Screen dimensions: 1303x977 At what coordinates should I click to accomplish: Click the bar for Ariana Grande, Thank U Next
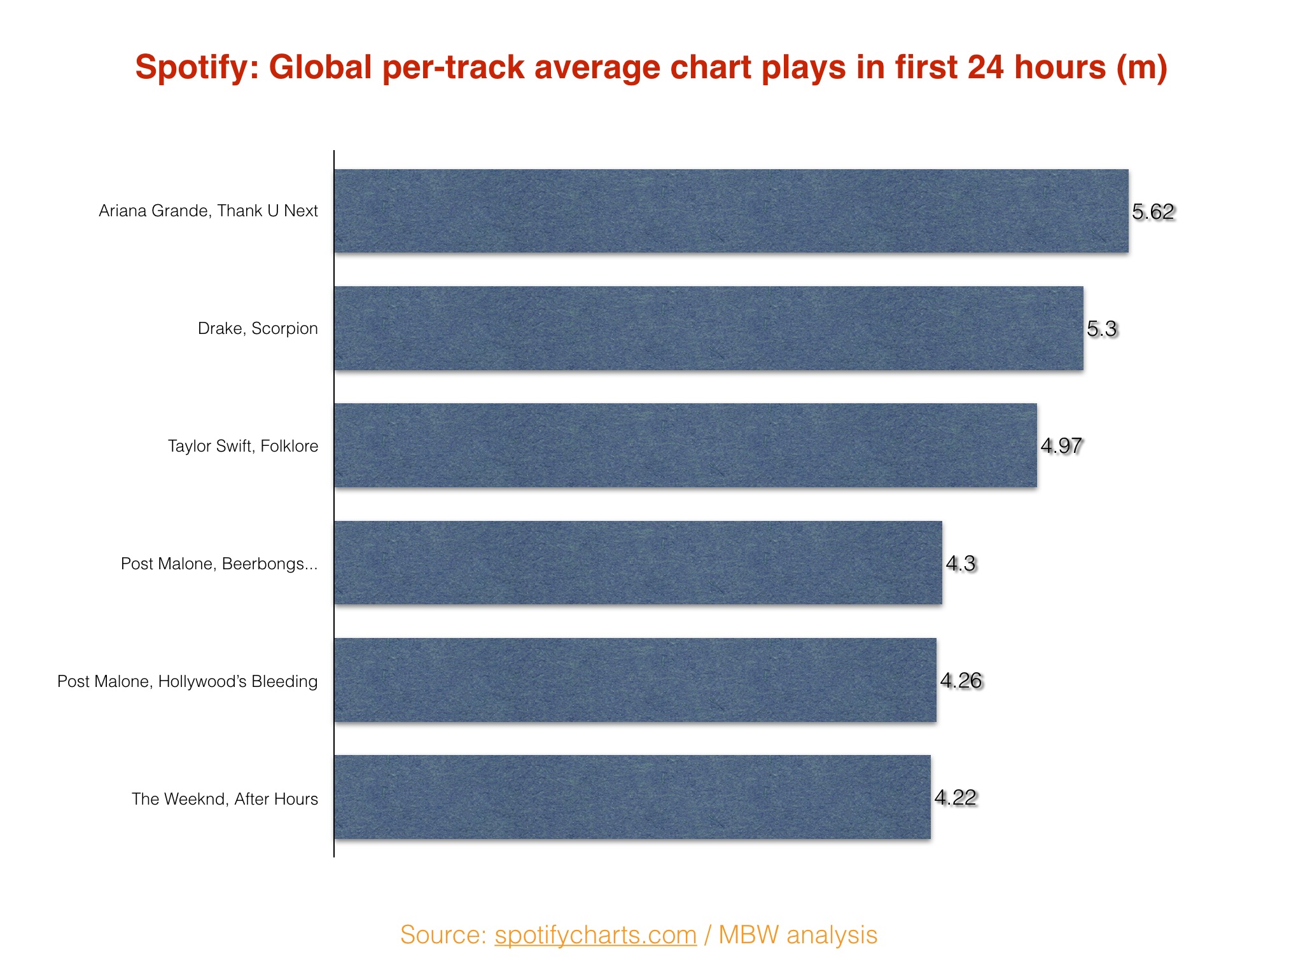732,211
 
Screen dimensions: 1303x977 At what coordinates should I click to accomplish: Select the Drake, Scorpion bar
709,328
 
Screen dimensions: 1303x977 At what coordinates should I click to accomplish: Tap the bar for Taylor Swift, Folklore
686,445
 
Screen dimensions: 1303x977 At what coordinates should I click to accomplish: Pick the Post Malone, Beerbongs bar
638,563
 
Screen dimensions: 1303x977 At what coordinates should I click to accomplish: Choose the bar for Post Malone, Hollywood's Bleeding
636,680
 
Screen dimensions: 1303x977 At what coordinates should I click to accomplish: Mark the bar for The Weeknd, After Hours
632,797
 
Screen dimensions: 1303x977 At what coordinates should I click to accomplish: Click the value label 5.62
1153,211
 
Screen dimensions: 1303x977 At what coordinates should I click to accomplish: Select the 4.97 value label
1062,446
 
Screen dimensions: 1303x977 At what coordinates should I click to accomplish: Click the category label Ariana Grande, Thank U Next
208,211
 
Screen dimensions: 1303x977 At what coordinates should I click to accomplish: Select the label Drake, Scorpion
258,329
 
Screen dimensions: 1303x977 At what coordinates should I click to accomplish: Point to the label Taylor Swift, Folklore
243,446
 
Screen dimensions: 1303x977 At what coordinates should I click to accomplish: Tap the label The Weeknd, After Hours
225,799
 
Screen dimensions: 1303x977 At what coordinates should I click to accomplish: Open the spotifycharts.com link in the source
596,935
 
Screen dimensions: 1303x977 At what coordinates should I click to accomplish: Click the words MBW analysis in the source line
798,935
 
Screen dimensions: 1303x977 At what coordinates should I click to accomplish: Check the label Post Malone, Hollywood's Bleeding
188,681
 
